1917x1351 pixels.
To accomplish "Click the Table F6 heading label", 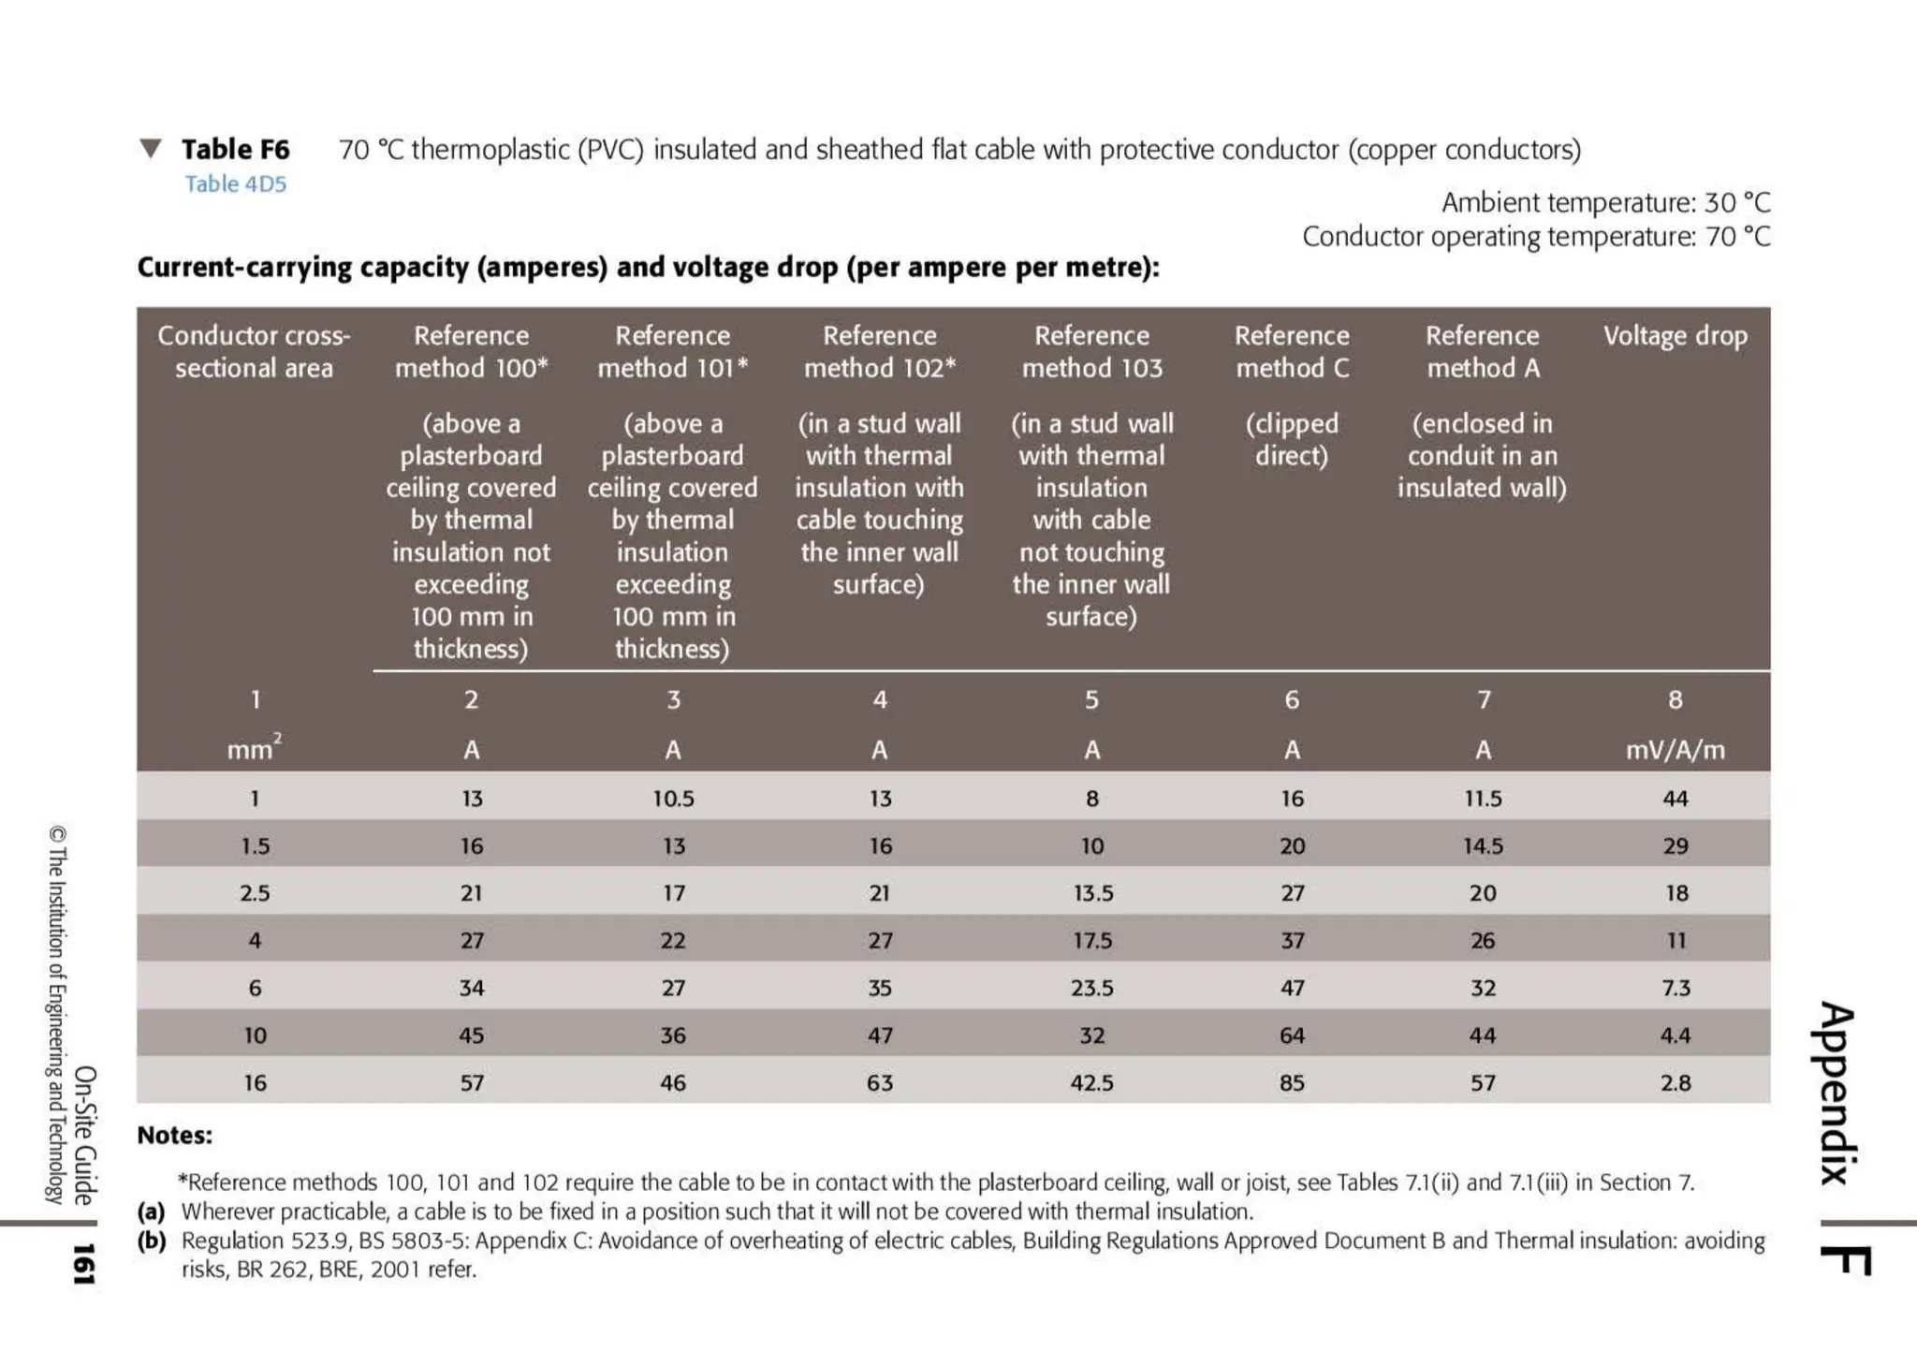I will click(x=235, y=149).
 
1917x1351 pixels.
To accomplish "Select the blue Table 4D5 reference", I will click(x=235, y=184).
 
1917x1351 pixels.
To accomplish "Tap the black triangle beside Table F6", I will click(x=151, y=149).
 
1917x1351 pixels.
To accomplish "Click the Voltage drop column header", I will click(x=1675, y=335).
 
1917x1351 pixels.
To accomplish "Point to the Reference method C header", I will click(x=1292, y=351).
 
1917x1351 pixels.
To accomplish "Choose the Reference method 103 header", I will click(x=1091, y=351).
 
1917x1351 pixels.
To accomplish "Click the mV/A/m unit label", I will click(x=1675, y=750).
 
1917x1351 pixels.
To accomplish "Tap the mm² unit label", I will click(x=254, y=749).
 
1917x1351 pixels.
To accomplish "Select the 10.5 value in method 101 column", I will click(x=673, y=799).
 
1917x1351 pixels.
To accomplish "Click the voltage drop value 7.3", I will click(x=1676, y=988).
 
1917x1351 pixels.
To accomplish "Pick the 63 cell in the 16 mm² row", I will click(x=879, y=1082).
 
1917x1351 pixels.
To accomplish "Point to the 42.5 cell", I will click(x=1091, y=1082).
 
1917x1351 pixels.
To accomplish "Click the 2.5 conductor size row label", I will click(x=255, y=893).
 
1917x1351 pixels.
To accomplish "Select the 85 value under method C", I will click(x=1292, y=1082).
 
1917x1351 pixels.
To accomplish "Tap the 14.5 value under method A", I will click(x=1483, y=846).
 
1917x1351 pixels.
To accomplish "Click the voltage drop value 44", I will click(x=1675, y=799).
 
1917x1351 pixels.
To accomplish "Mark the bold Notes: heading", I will click(x=175, y=1136).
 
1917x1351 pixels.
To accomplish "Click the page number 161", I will click(x=83, y=1264).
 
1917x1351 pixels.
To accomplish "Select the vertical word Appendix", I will click(x=1837, y=1094).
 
